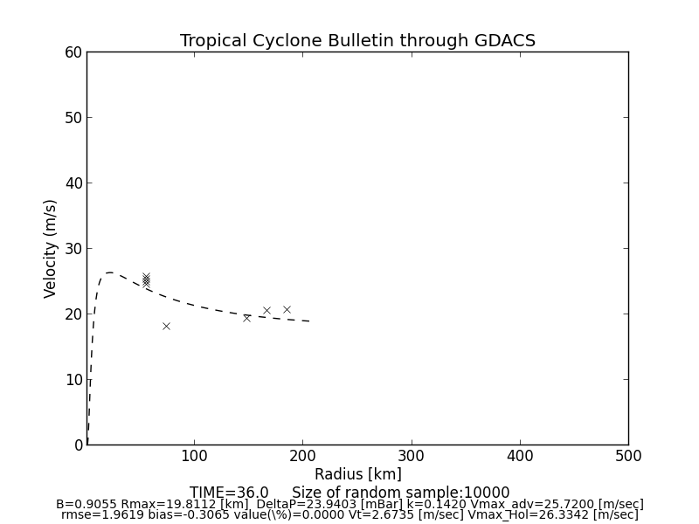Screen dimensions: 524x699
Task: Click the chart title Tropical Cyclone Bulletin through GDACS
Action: click(x=357, y=41)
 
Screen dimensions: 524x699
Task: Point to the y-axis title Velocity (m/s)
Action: click(x=51, y=248)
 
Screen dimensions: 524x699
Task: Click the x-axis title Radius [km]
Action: click(x=357, y=474)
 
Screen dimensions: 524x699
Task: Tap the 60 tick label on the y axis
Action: click(x=73, y=52)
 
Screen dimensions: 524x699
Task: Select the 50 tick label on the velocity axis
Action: click(x=73, y=118)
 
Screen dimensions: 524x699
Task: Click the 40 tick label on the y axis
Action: click(x=73, y=183)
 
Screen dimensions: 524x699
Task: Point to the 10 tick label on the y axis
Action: click(x=73, y=380)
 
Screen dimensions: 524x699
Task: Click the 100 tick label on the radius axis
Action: click(x=194, y=456)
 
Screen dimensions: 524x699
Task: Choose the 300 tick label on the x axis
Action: click(x=411, y=456)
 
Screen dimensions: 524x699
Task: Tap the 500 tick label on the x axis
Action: click(x=627, y=456)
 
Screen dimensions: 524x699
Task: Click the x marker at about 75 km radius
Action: click(x=166, y=326)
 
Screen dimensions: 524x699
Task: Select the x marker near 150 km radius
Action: click(x=246, y=318)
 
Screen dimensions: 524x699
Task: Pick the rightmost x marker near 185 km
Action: click(x=287, y=309)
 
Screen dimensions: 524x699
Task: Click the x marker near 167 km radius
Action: click(x=266, y=310)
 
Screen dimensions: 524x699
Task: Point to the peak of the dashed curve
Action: click(x=109, y=272)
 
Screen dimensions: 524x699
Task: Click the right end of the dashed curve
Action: click(x=309, y=321)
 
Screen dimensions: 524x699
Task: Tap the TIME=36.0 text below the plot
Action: click(x=229, y=493)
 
